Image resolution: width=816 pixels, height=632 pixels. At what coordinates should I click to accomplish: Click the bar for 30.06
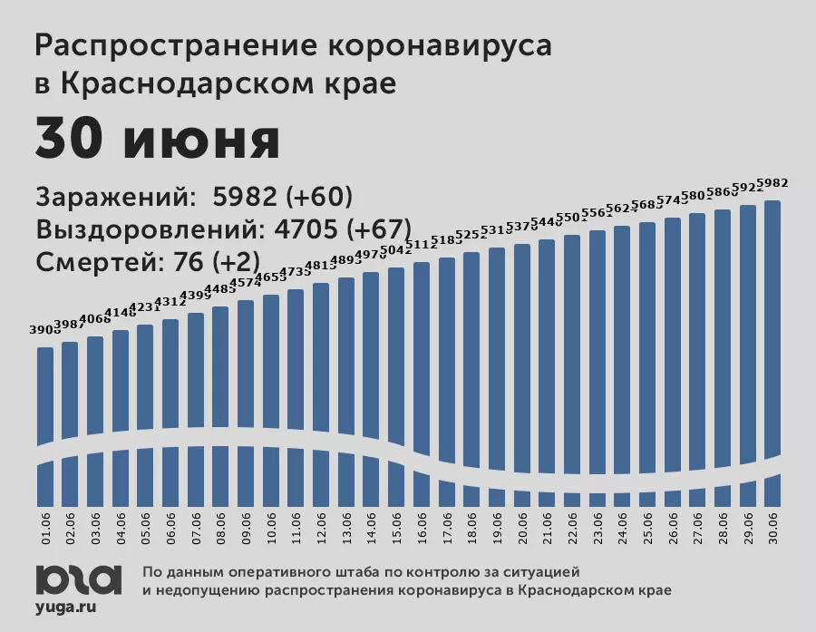coord(772,345)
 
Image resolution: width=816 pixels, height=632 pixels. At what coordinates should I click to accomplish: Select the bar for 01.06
coord(45,399)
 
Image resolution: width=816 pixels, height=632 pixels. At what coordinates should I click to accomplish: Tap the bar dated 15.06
coord(396,363)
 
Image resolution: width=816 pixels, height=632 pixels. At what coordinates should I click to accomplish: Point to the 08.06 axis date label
coord(220,525)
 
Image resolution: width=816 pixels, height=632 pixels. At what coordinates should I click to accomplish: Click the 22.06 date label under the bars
coord(571,525)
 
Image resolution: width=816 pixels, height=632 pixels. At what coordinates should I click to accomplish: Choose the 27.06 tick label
coord(697,525)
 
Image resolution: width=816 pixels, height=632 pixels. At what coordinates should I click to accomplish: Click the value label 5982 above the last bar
coord(772,183)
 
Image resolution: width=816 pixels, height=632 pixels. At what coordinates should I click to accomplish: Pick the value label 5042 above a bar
coord(396,250)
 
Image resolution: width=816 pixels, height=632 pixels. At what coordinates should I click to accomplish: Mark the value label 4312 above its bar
coord(170,302)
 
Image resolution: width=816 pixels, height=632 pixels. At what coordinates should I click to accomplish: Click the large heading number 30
coord(73,140)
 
